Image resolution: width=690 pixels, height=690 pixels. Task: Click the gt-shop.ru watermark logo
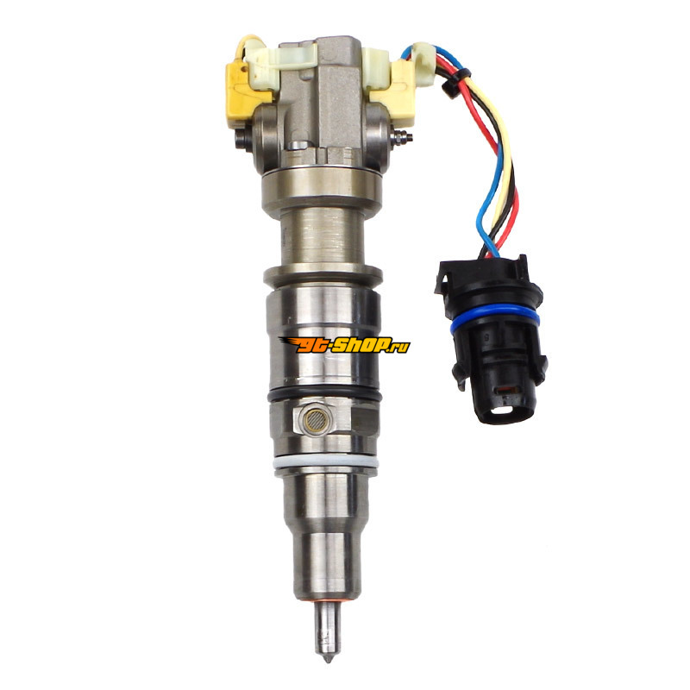(x=343, y=345)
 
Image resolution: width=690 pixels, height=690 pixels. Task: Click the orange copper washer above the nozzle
(x=327, y=601)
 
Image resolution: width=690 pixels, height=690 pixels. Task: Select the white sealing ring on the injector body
(x=326, y=463)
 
